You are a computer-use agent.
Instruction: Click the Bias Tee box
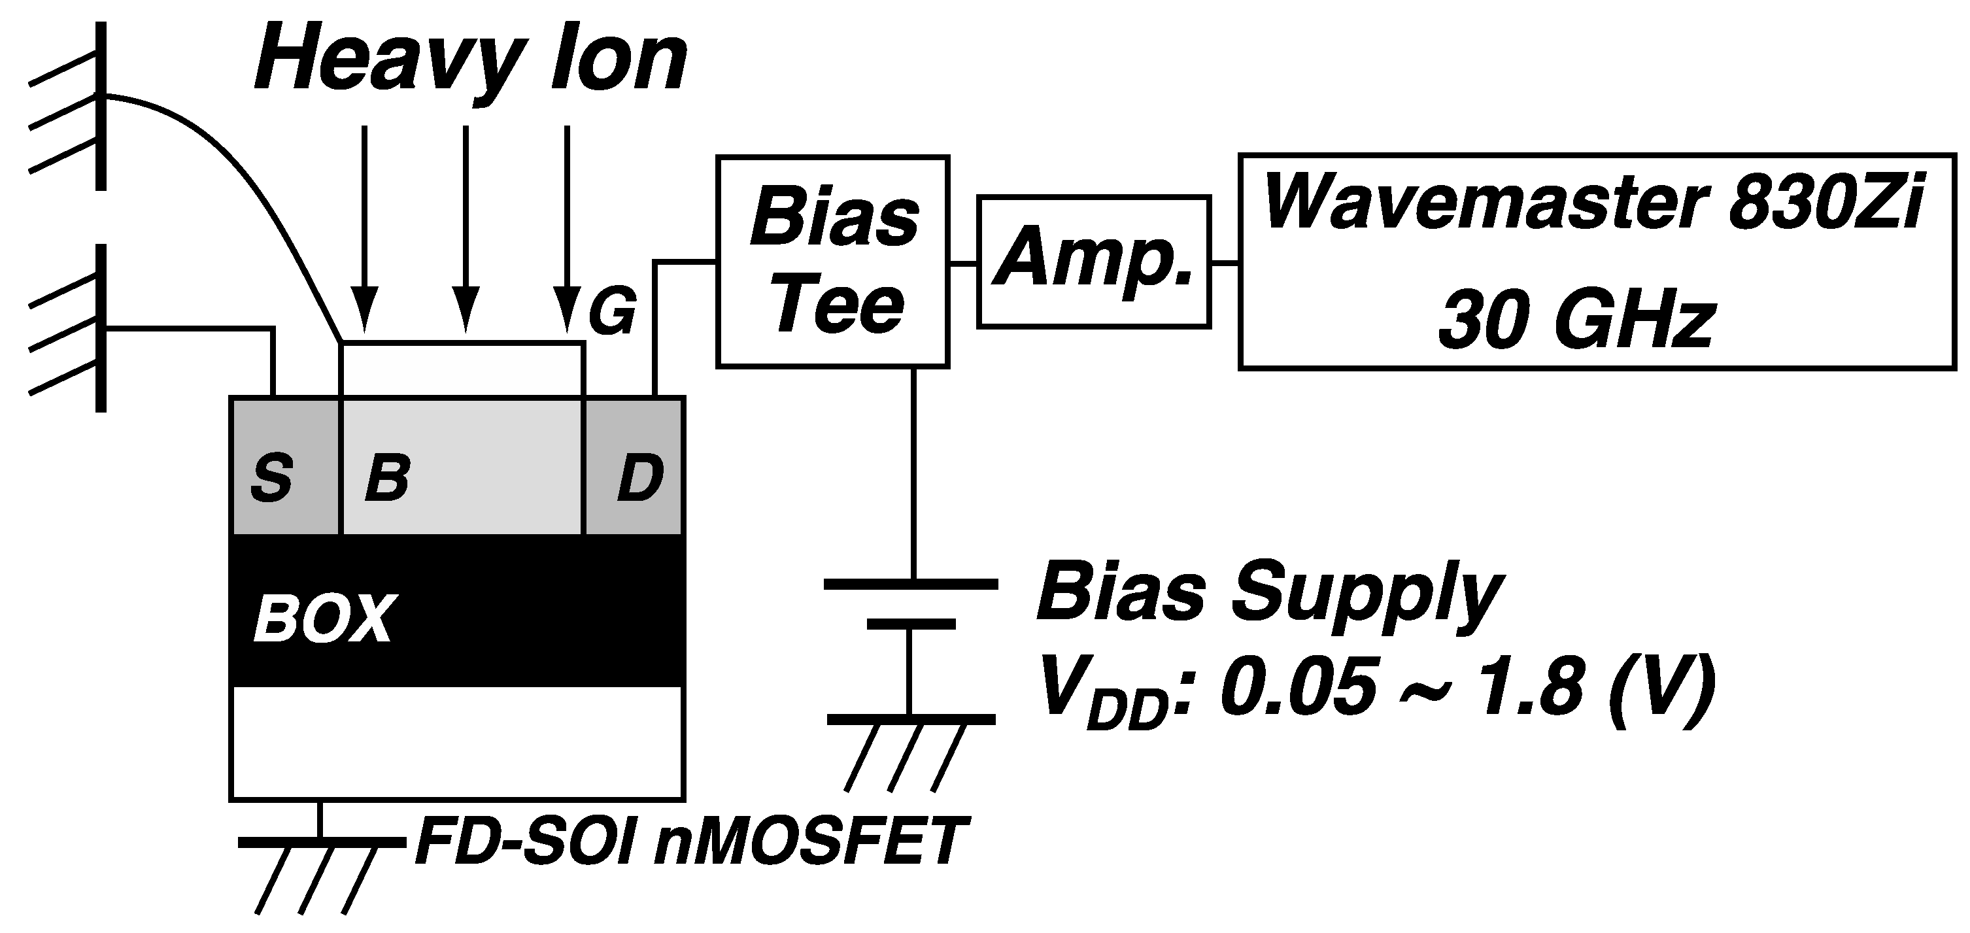832,262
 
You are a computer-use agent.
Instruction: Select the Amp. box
1094,262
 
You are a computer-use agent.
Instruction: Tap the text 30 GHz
1575,322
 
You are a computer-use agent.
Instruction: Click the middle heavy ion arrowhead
466,309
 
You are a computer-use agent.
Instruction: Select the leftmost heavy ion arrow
364,229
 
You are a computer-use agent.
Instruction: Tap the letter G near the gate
612,312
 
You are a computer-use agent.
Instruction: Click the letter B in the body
386,479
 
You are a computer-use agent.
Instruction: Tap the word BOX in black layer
324,619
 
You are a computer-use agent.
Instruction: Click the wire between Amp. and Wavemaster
1225,263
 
